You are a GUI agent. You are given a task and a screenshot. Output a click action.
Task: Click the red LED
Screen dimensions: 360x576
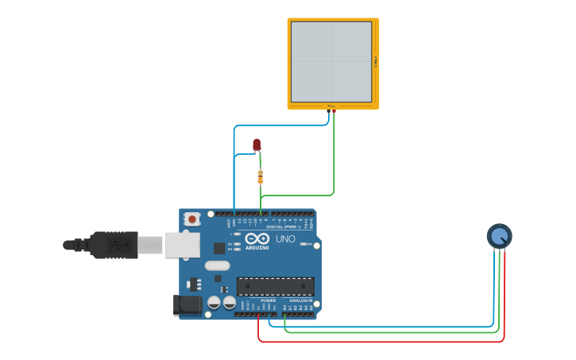256,144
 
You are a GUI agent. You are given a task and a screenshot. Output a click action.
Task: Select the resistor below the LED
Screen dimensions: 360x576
260,176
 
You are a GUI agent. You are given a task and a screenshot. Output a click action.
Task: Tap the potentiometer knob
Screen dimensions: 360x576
499,236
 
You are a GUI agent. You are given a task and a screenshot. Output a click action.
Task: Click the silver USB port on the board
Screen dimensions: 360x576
182,245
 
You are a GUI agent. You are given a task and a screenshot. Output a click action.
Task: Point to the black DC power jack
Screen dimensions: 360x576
188,304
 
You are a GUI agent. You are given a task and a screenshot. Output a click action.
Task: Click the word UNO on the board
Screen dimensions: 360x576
285,238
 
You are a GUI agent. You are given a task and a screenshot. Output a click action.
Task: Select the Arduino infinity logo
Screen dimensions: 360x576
257,238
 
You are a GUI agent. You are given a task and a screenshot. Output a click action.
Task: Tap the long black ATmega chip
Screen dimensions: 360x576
275,286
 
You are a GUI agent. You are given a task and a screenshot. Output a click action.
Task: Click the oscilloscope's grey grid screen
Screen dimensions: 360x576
331,62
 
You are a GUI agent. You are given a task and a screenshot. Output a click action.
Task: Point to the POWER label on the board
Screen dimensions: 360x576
268,300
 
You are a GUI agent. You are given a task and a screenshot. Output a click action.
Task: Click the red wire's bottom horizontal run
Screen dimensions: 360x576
381,342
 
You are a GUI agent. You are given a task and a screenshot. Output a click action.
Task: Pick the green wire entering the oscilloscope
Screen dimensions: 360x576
334,151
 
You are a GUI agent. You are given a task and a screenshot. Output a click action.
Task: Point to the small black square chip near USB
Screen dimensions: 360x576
218,248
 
